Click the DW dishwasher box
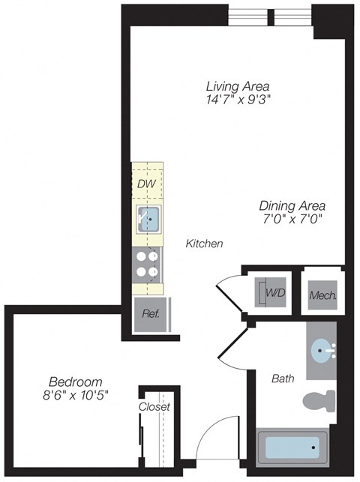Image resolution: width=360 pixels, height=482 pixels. click(x=146, y=184)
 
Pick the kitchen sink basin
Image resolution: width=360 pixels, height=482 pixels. click(x=149, y=220)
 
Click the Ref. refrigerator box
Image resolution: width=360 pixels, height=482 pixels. click(x=151, y=314)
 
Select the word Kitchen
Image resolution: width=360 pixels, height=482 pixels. click(x=205, y=244)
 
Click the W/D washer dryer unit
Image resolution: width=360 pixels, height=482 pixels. click(x=270, y=291)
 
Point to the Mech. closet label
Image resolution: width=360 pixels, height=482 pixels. click(x=322, y=295)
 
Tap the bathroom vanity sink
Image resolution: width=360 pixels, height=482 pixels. click(x=324, y=350)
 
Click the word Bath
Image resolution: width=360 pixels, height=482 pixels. click(x=283, y=379)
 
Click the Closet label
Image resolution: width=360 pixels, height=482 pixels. click(x=154, y=407)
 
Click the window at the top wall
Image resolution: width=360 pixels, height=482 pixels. click(x=270, y=15)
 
